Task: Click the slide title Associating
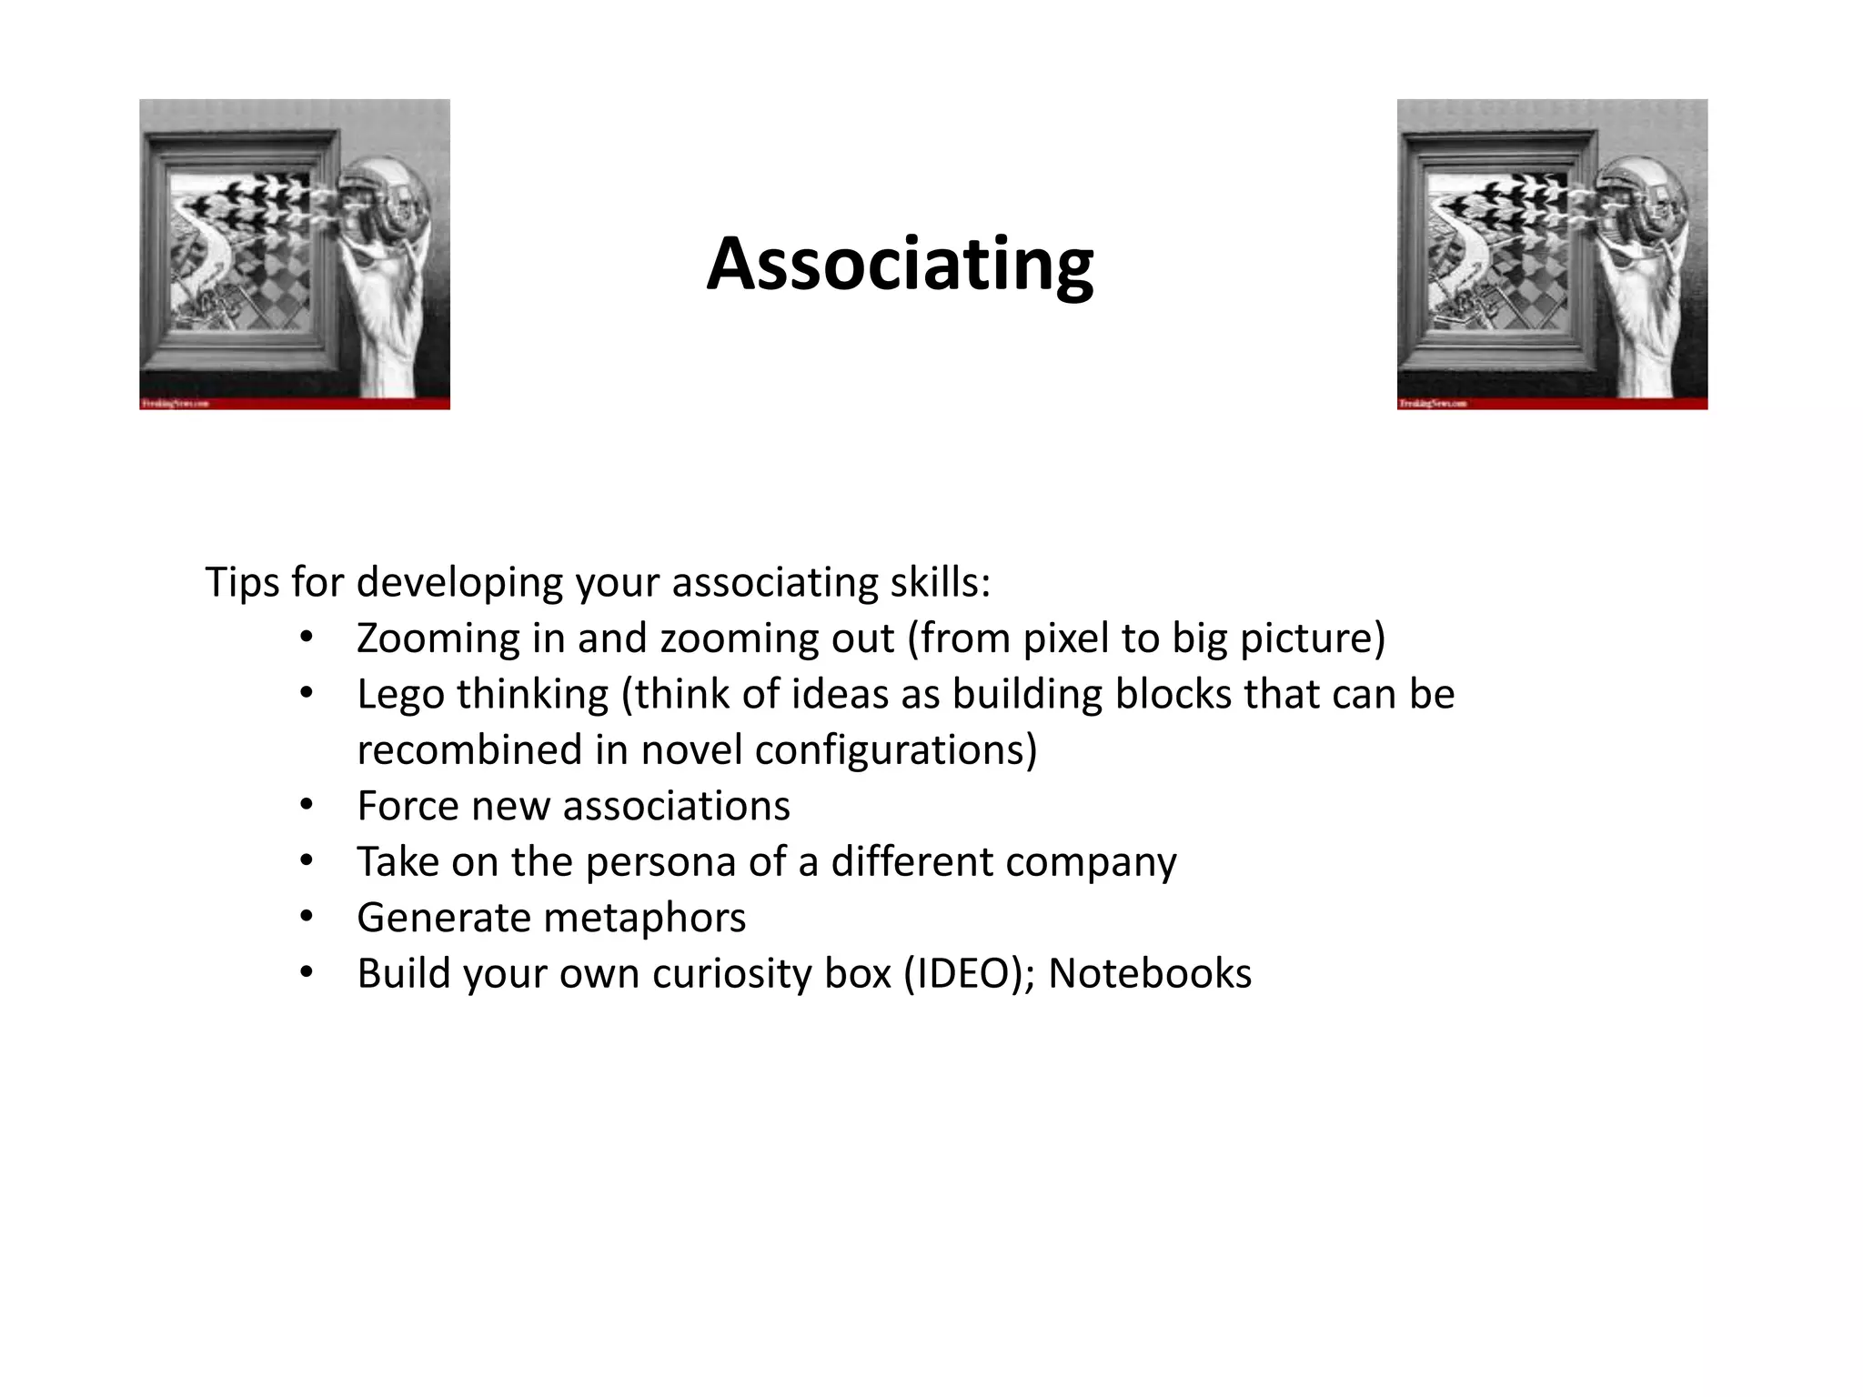pos(900,265)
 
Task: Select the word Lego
pos(398,696)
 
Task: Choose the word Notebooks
pos(1150,973)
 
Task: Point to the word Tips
pos(241,582)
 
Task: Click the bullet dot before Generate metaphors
pos(306,917)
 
